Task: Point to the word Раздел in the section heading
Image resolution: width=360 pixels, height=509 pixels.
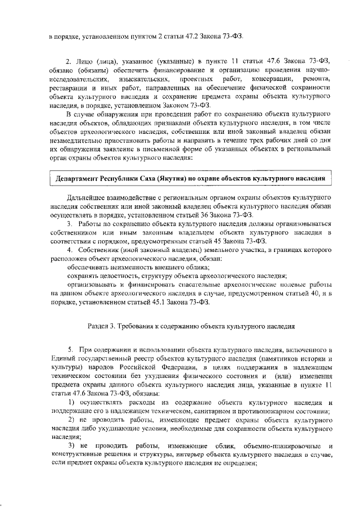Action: [101, 325]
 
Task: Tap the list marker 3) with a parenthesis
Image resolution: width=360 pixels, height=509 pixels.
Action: [71, 445]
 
